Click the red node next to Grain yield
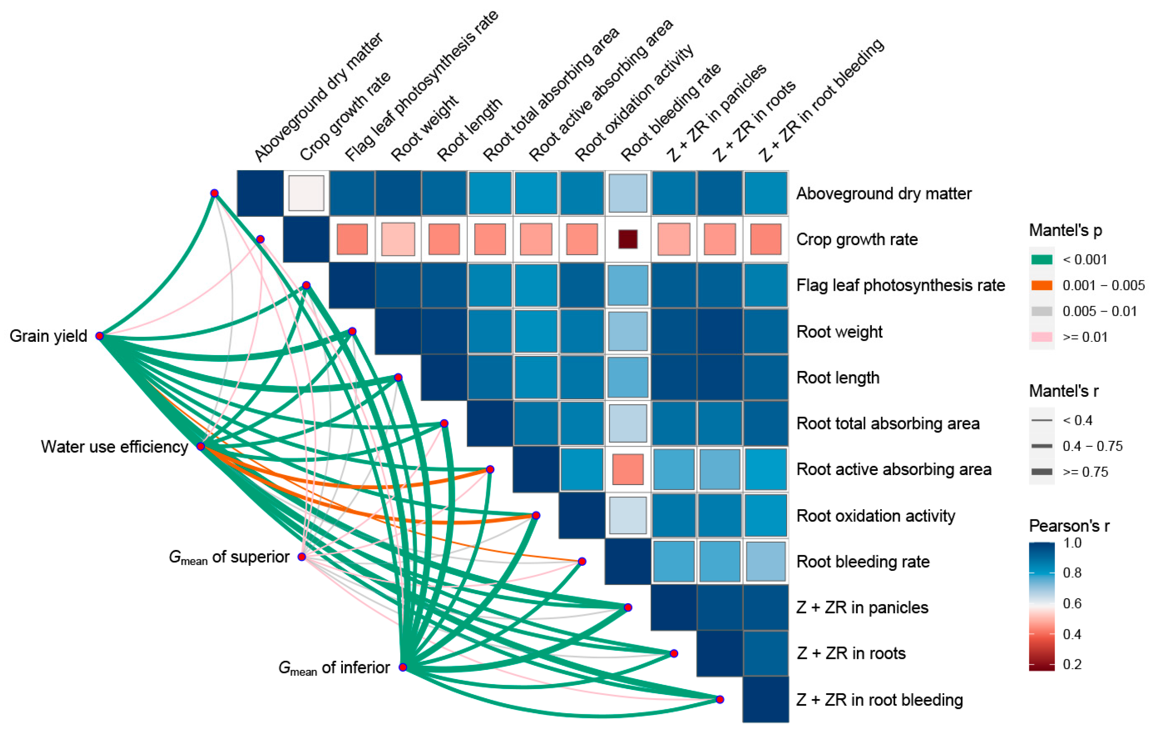(99, 336)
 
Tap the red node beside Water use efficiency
(201, 446)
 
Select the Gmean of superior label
(229, 557)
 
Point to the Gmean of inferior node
(403, 667)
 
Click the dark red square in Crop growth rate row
(628, 239)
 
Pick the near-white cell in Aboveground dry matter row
(306, 193)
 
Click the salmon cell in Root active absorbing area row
(628, 469)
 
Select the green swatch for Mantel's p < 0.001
(1042, 260)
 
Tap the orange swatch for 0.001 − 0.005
(1042, 285)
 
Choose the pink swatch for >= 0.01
(1042, 337)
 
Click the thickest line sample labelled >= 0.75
(1042, 471)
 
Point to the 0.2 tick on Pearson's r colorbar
(1072, 664)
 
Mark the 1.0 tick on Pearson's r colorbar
(1072, 543)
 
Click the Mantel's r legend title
(1063, 391)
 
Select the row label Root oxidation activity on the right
(876, 516)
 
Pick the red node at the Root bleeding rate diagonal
(582, 562)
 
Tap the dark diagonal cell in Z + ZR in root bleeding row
(766, 700)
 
